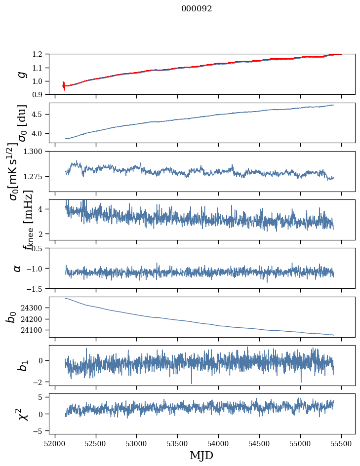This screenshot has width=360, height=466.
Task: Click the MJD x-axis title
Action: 201,456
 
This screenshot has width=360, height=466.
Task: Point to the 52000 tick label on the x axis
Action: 55,444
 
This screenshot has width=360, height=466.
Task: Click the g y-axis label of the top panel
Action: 21,74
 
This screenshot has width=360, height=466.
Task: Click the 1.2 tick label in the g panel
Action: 41,54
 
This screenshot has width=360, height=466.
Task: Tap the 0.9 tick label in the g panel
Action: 41,95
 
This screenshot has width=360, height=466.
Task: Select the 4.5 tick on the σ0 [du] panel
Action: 41,115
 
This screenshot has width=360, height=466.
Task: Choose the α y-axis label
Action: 17,268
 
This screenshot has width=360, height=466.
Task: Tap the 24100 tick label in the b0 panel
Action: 35,330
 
